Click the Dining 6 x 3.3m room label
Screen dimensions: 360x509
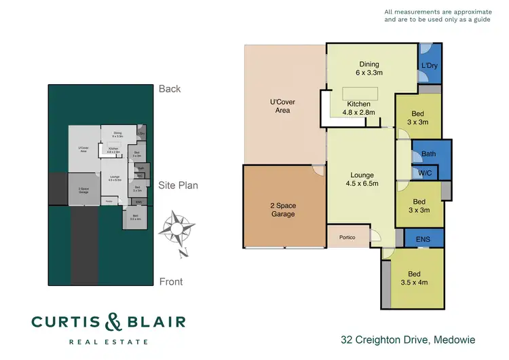coord(371,67)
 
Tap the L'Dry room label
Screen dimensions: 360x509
coord(428,65)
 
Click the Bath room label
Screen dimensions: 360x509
coord(428,154)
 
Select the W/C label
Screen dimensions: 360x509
coord(425,173)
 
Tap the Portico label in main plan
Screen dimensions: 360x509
coord(347,238)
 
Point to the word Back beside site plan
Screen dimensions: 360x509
coord(170,88)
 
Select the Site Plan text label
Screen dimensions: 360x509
coord(178,185)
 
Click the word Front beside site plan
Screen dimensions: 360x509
coord(171,281)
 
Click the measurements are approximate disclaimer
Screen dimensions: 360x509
coord(436,16)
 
